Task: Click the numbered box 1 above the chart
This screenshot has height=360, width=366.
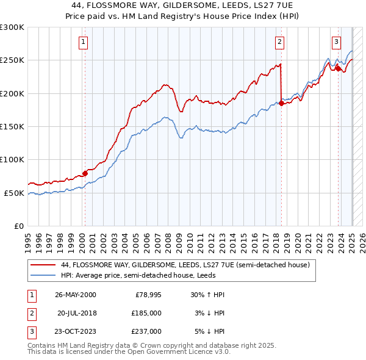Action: (84, 42)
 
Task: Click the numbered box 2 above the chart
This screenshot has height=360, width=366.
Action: (279, 42)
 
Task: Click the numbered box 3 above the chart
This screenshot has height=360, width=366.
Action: (336, 42)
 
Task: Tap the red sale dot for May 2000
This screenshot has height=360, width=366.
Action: (85, 173)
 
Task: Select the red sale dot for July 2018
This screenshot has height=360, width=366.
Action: (281, 103)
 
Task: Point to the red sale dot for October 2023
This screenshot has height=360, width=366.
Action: (338, 68)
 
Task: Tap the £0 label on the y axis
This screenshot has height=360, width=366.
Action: (18, 226)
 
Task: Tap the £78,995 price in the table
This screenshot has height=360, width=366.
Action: (148, 295)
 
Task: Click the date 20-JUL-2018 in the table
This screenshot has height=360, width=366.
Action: (77, 313)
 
